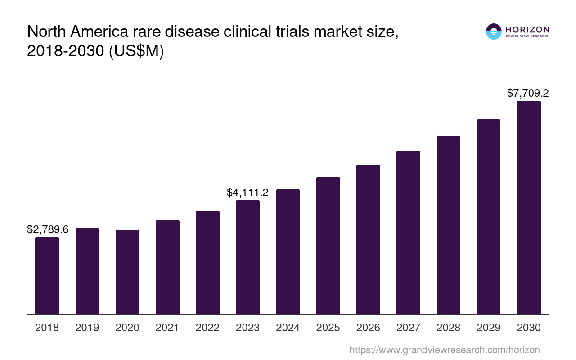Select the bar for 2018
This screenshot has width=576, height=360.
pos(47,275)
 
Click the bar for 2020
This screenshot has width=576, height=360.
pos(127,272)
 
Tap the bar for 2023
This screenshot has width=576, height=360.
pos(247,257)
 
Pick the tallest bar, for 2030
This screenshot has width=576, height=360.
pos(529,207)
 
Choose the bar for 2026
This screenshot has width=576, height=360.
pos(368,239)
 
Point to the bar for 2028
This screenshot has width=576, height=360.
pos(448,225)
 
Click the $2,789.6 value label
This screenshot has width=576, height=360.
pos(48,229)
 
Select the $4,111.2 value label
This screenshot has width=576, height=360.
pos(247,193)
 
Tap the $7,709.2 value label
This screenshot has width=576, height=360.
pos(528,93)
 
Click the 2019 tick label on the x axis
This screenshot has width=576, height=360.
pos(87,328)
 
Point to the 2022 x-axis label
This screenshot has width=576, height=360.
pos(207,328)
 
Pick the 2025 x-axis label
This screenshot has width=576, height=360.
pos(328,328)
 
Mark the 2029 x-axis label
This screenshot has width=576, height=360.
pos(489,328)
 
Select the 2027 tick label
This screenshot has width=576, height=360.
pos(408,328)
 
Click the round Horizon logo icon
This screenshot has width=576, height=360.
pos(494,31)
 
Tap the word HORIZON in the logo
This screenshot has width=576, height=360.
pos(527,30)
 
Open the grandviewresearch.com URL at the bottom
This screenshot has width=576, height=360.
pos(444,350)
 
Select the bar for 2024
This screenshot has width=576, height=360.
pos(288,252)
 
